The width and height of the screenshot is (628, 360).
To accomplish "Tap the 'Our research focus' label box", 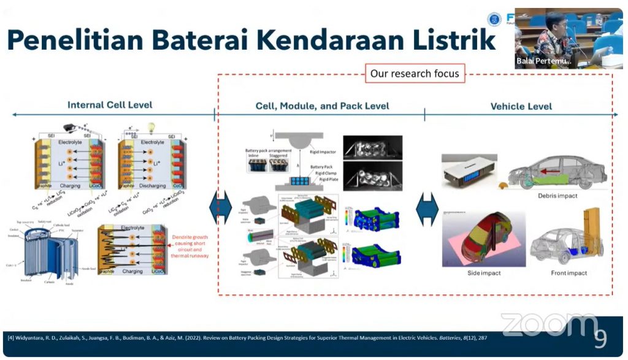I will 415,74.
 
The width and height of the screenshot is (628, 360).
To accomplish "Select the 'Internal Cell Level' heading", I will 110,105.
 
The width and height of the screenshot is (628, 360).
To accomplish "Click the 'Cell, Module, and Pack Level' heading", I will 322,106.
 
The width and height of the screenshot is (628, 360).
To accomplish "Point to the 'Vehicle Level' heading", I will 521,106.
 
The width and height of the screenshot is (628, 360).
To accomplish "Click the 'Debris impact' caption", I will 557,196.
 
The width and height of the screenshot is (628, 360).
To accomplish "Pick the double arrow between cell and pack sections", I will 220,209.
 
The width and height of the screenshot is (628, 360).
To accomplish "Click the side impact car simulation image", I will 475,239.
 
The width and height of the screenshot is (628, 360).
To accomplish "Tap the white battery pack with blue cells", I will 470,170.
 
